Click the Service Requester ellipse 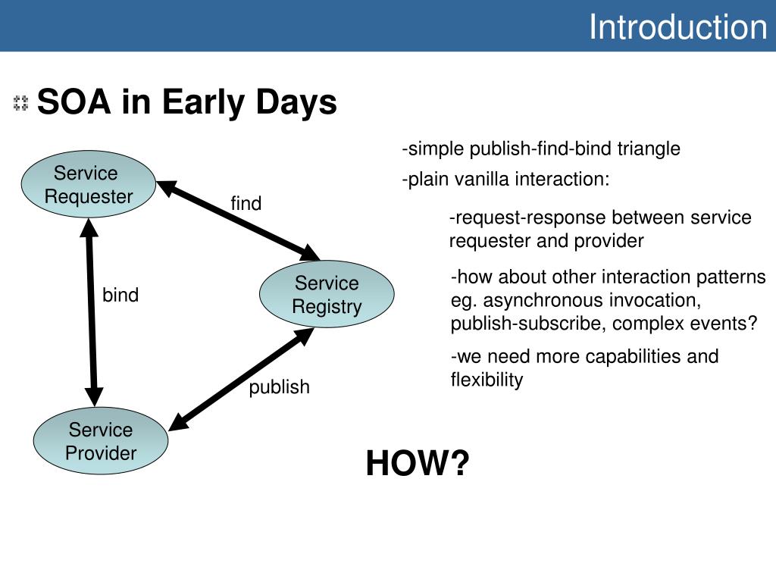point(89,184)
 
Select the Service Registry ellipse point(327,294)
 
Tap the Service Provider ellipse point(101,441)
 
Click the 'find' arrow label point(246,203)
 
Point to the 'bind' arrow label point(120,295)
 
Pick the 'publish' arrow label point(279,387)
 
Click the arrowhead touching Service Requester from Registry point(166,188)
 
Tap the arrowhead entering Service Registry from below point(303,336)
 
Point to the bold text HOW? point(418,463)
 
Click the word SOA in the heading point(74,102)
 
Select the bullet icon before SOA point(20,103)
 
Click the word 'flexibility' point(487,380)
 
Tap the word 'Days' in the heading point(296,103)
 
